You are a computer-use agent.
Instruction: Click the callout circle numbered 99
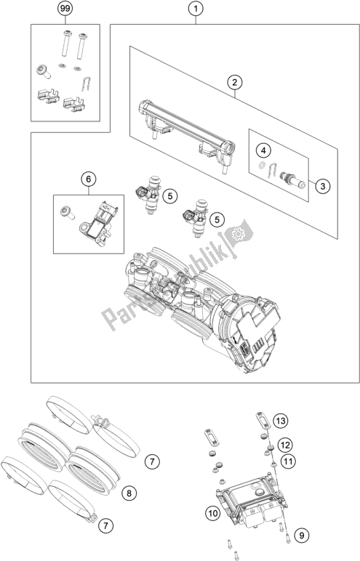point(66,9)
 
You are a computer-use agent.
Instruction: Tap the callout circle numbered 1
point(194,9)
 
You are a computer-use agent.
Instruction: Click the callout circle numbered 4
point(265,150)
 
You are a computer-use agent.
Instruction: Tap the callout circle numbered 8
point(128,493)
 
